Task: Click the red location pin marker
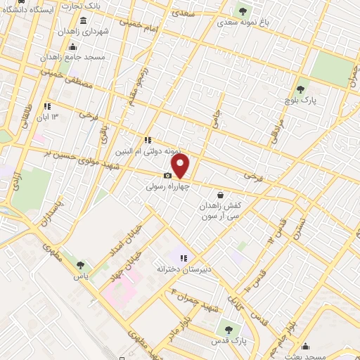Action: point(181,166)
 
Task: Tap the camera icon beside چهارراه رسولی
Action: point(168,176)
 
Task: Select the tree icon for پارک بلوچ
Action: point(300,90)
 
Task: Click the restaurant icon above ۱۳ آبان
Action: point(47,106)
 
